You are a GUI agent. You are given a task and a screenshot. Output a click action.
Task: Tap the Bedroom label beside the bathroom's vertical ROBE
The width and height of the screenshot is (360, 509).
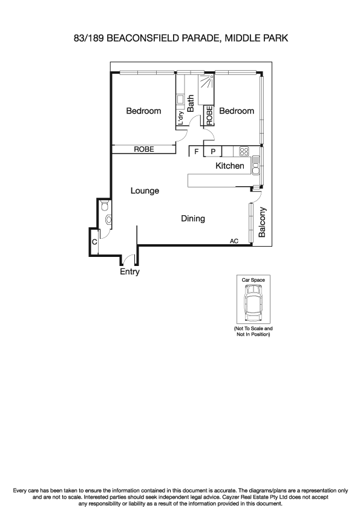(x=237, y=111)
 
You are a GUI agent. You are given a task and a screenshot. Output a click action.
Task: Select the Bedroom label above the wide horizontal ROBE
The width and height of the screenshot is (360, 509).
(x=143, y=111)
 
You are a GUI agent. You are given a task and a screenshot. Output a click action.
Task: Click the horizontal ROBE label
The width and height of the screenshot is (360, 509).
(x=143, y=149)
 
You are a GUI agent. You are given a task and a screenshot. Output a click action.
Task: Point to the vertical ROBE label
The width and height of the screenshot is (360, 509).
(x=209, y=115)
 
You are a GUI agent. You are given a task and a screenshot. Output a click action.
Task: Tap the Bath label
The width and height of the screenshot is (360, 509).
(x=191, y=104)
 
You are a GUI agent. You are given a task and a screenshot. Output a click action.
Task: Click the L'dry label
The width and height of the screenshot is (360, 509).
(x=180, y=117)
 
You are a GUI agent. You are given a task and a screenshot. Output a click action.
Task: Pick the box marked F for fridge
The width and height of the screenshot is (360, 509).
(x=196, y=152)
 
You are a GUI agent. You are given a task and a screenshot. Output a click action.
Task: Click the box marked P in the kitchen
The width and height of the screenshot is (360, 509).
(x=213, y=152)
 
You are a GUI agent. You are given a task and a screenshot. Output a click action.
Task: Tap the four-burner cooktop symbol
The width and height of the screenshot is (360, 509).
(x=244, y=152)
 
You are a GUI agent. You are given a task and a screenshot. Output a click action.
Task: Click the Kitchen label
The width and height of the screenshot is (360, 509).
(x=230, y=166)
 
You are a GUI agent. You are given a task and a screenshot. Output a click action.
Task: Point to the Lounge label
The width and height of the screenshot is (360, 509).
(x=145, y=190)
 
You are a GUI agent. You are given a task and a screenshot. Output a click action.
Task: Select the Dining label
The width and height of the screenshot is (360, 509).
(x=193, y=218)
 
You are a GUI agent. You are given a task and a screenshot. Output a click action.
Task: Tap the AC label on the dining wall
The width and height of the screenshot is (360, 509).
(x=234, y=241)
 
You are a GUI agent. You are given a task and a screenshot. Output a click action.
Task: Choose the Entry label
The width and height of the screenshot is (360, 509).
(x=129, y=272)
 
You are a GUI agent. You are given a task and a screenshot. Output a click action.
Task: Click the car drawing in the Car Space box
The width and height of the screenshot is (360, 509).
(x=253, y=303)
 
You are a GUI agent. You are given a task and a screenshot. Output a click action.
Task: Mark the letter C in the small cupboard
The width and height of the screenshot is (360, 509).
(x=94, y=242)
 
